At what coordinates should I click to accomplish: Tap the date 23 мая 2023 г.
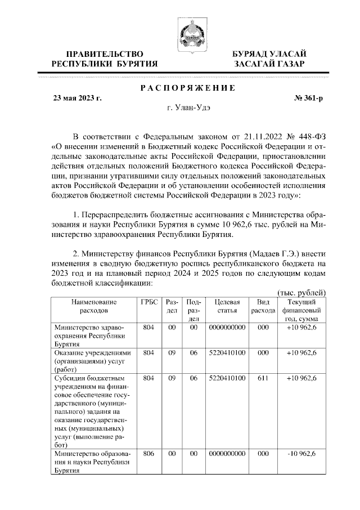pyautogui.click(x=76, y=98)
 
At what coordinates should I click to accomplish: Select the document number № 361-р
pyautogui.click(x=309, y=98)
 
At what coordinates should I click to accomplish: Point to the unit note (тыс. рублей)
pyautogui.click(x=302, y=293)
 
